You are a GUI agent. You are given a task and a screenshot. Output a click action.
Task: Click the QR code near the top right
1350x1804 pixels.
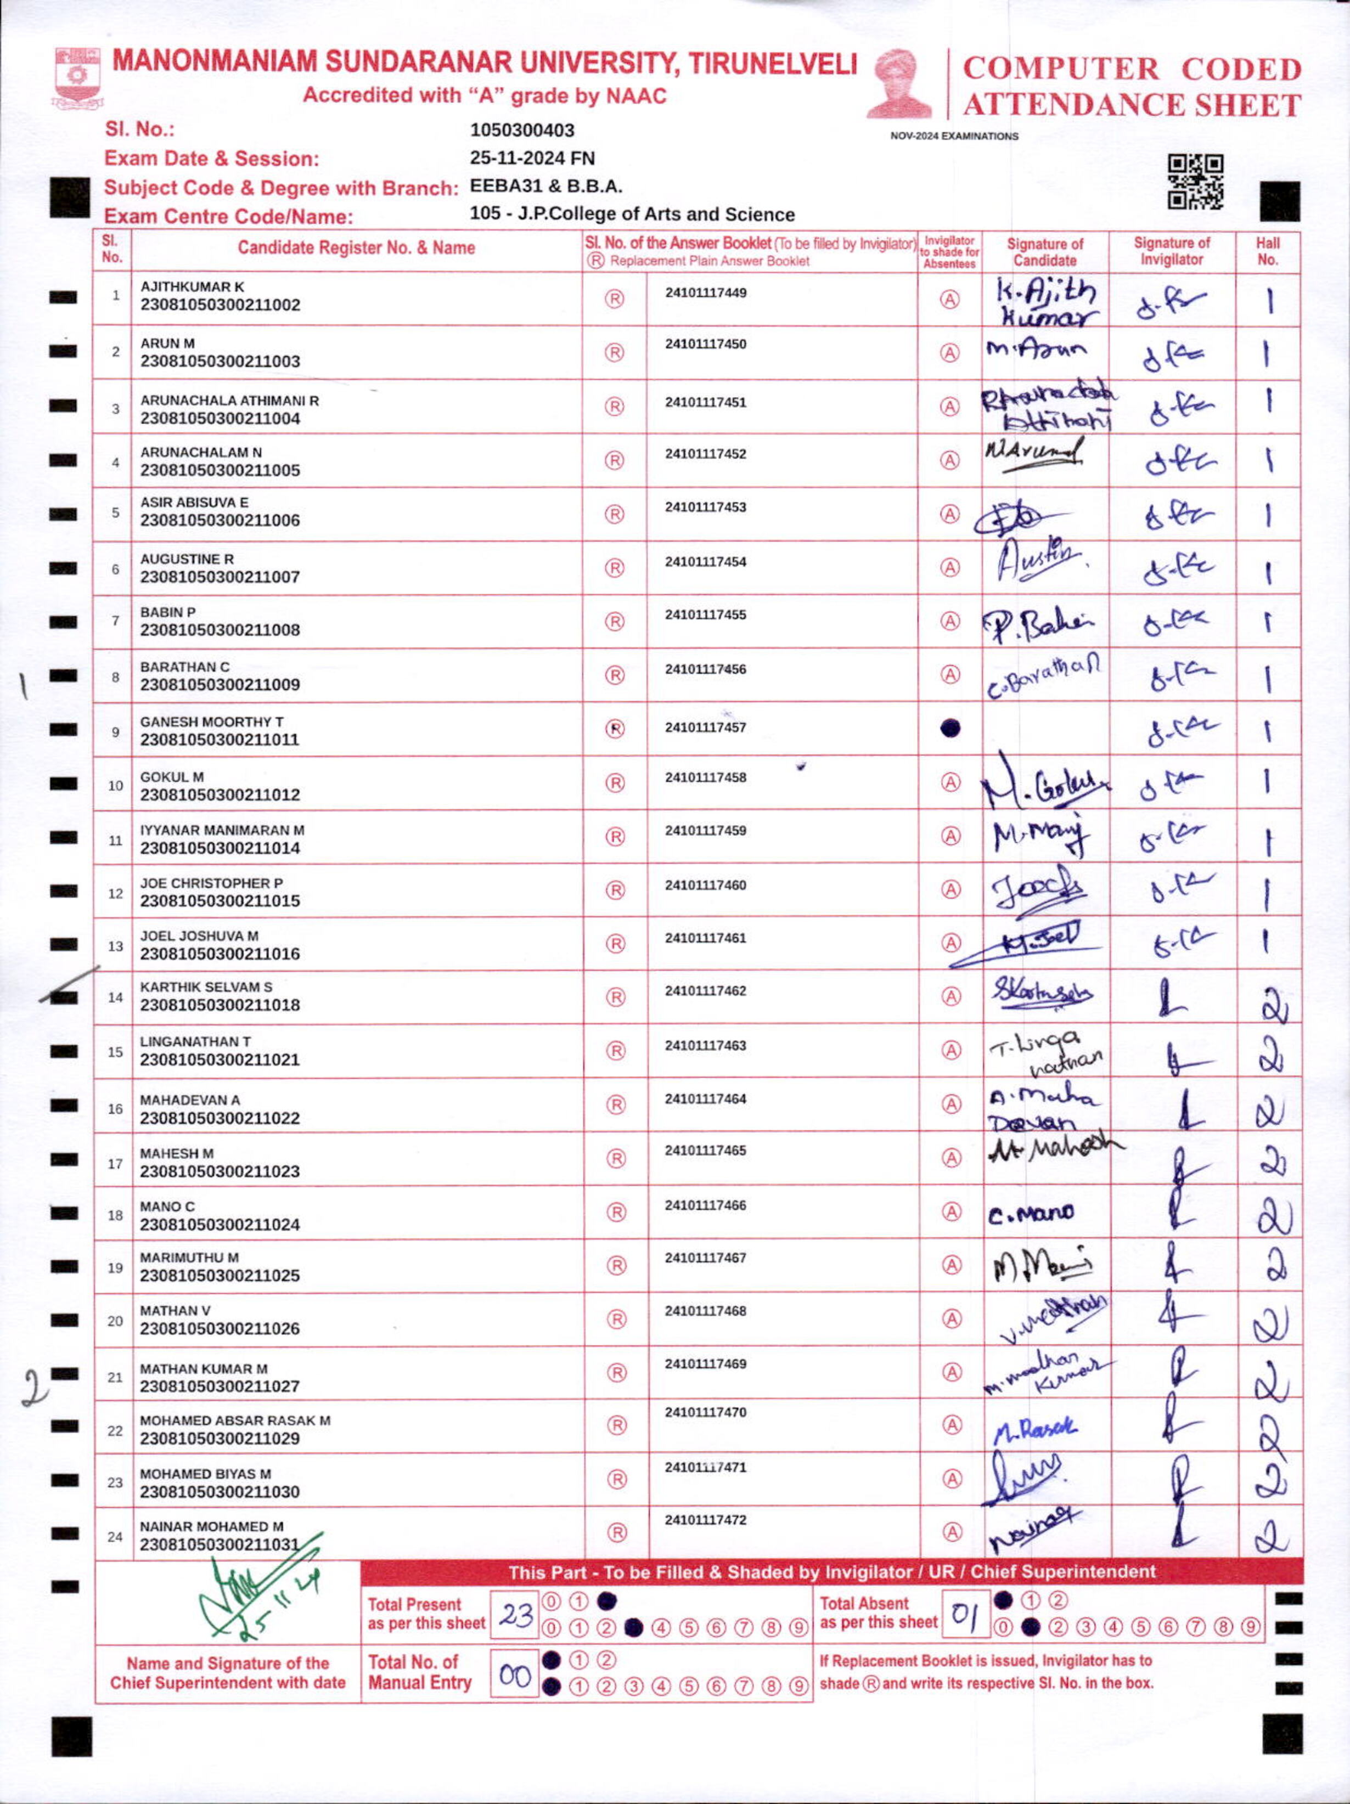coord(1195,182)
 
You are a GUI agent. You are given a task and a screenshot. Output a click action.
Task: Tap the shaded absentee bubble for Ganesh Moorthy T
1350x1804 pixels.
coord(949,728)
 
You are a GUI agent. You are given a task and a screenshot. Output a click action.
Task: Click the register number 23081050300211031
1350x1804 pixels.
coord(220,1544)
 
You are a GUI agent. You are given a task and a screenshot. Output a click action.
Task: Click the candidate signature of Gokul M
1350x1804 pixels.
coord(1044,786)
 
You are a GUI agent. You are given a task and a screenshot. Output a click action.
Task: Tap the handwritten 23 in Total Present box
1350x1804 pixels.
coord(515,1614)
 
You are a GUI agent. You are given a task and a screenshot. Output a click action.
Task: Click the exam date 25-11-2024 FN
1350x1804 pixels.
coord(532,158)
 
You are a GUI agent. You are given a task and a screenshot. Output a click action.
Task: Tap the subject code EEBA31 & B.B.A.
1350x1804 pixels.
coord(545,186)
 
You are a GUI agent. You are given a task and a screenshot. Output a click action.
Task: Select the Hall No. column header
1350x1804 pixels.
coord(1268,251)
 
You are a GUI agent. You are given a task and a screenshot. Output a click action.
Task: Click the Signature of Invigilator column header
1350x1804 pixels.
coord(1171,251)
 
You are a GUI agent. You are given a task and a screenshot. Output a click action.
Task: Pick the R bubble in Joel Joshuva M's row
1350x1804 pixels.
coord(616,944)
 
